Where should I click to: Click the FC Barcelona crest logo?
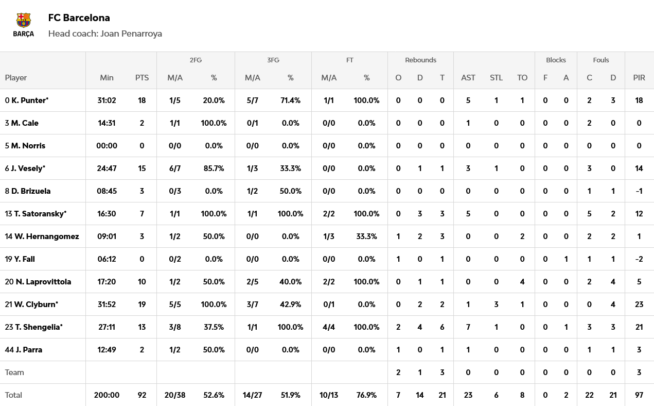(x=24, y=25)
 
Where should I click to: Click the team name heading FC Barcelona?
(x=79, y=18)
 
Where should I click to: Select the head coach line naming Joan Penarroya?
(x=105, y=33)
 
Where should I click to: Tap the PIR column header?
(x=639, y=78)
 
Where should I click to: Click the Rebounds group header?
(x=420, y=60)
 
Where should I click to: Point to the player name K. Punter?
(x=29, y=100)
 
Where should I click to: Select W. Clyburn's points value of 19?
(x=142, y=304)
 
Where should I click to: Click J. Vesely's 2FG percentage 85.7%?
(x=214, y=168)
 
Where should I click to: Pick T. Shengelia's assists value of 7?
(x=468, y=327)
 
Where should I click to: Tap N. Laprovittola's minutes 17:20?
(x=107, y=282)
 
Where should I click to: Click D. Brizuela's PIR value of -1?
(x=639, y=191)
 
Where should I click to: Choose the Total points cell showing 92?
(x=142, y=395)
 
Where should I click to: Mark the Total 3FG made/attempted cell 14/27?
(x=252, y=395)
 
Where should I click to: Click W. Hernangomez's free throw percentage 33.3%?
(x=366, y=236)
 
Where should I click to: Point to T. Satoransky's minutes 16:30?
(x=107, y=214)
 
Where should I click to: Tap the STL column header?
(x=496, y=78)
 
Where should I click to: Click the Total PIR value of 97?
(x=639, y=395)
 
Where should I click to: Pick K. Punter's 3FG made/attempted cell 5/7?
(x=252, y=100)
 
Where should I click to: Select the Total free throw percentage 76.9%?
(x=366, y=395)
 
